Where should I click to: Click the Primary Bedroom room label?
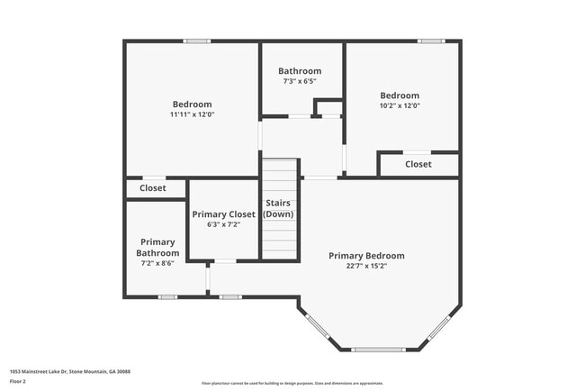(365, 256)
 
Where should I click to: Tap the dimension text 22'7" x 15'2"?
(365, 267)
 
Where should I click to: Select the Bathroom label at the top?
(299, 71)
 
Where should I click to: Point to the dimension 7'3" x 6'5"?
(299, 82)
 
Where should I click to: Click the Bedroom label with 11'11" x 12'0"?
(192, 105)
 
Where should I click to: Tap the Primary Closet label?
(223, 214)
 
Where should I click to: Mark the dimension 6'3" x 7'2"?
(223, 225)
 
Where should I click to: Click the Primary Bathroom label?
(157, 248)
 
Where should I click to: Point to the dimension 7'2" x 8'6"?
(157, 264)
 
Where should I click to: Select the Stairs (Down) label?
(278, 209)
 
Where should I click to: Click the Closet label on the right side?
(418, 165)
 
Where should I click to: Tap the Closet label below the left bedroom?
(152, 188)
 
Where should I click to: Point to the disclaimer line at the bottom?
(292, 383)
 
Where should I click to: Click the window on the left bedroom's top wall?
(197, 41)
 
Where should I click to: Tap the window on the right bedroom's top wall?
(431, 41)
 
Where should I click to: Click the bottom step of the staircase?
(279, 255)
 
